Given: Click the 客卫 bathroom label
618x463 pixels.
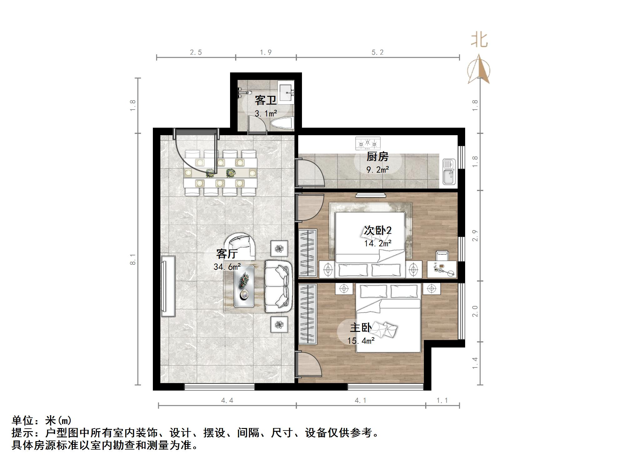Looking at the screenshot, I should (265, 101).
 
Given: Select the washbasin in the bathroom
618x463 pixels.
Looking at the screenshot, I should (286, 92).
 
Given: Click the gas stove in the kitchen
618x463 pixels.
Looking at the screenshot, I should (368, 143).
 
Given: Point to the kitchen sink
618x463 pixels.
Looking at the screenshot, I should (449, 172).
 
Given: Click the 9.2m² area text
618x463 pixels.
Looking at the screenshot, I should (377, 170).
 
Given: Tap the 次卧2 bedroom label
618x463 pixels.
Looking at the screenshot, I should (377, 231).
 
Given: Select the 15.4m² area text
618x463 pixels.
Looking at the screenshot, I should (361, 341).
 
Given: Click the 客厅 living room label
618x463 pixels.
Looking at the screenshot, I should (227, 254).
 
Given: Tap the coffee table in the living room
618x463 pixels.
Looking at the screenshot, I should (244, 286).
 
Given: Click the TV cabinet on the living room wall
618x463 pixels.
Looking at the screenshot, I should (168, 286).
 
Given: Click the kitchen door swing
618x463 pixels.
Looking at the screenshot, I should (309, 173).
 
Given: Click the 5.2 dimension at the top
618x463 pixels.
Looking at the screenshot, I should (377, 52).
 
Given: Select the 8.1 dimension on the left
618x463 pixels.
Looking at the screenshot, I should (133, 259).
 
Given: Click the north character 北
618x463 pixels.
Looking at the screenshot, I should (479, 41).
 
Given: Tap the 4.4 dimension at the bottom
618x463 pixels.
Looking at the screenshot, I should (227, 400).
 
